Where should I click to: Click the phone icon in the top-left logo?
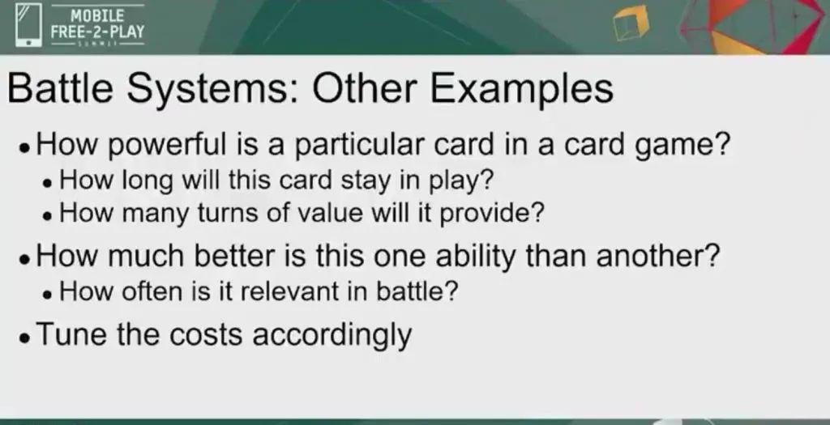coord(28,25)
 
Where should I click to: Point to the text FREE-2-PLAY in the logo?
coord(97,32)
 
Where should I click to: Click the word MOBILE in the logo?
coord(97,15)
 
